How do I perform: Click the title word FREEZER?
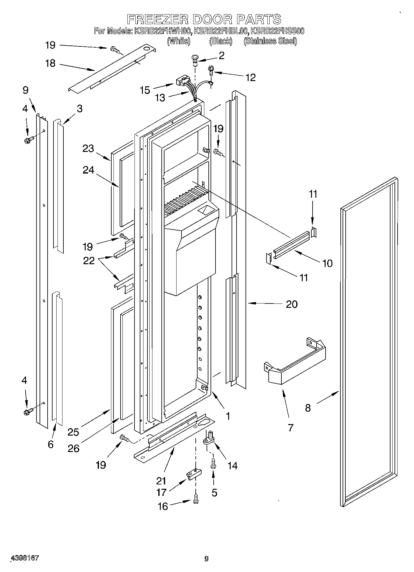click(x=157, y=19)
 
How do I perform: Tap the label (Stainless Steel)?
click(x=270, y=41)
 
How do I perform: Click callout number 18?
click(x=50, y=63)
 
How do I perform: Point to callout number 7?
click(x=290, y=428)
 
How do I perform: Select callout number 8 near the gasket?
click(x=308, y=408)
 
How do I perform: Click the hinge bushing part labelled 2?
click(x=195, y=59)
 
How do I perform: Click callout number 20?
click(x=292, y=304)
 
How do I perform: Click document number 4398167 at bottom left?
click(x=25, y=558)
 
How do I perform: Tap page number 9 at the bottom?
click(x=207, y=558)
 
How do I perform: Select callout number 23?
click(x=88, y=148)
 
